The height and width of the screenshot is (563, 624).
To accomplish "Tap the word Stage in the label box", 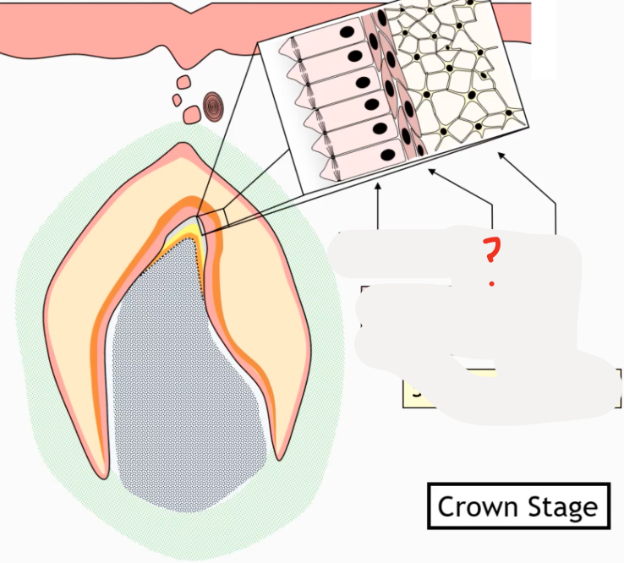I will [x=559, y=508].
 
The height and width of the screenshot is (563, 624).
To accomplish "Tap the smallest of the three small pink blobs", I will [x=177, y=100].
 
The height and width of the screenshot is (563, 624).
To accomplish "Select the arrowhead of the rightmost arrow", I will [x=500, y=154].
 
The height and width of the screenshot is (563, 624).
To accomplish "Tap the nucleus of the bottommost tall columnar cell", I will [x=388, y=156].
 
